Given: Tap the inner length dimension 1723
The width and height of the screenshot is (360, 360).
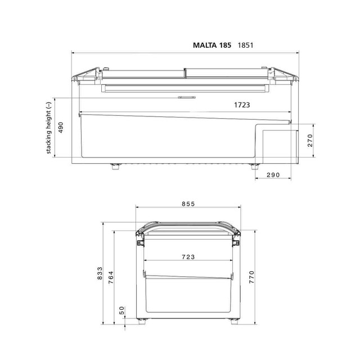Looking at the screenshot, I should click(239, 105).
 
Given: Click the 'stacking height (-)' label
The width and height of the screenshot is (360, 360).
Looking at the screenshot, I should click(49, 128).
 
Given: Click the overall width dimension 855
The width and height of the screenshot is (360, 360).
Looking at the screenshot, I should click(188, 205).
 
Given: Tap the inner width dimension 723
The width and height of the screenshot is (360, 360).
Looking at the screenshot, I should click(188, 256).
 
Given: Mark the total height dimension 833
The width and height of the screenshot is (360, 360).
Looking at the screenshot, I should click(101, 274).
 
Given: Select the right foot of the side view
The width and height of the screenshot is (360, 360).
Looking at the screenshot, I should click(254, 166).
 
